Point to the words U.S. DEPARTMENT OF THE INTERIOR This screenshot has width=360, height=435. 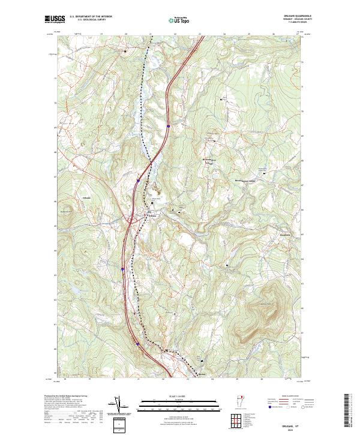point(91,17)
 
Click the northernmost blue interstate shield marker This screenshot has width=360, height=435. point(169,126)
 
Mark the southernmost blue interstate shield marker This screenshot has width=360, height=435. point(137,344)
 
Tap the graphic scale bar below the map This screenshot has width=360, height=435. point(179,403)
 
